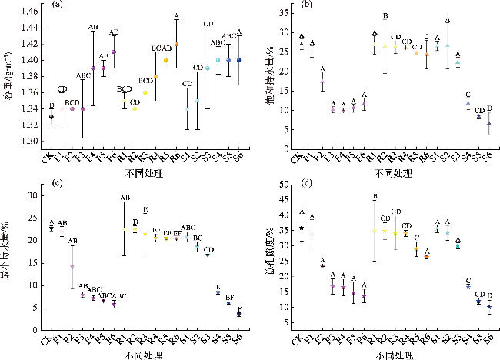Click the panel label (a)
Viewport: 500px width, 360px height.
pyautogui.click(x=57, y=6)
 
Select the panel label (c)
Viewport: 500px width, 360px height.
pyautogui.click(x=57, y=182)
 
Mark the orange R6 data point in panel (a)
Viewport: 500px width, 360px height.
pyautogui.click(x=176, y=45)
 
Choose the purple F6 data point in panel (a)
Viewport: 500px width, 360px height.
pyautogui.click(x=114, y=52)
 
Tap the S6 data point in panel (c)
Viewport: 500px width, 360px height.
pyautogui.click(x=238, y=314)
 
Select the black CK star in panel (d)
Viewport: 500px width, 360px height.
pyautogui.click(x=302, y=228)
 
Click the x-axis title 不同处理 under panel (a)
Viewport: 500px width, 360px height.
pyautogui.click(x=145, y=175)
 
